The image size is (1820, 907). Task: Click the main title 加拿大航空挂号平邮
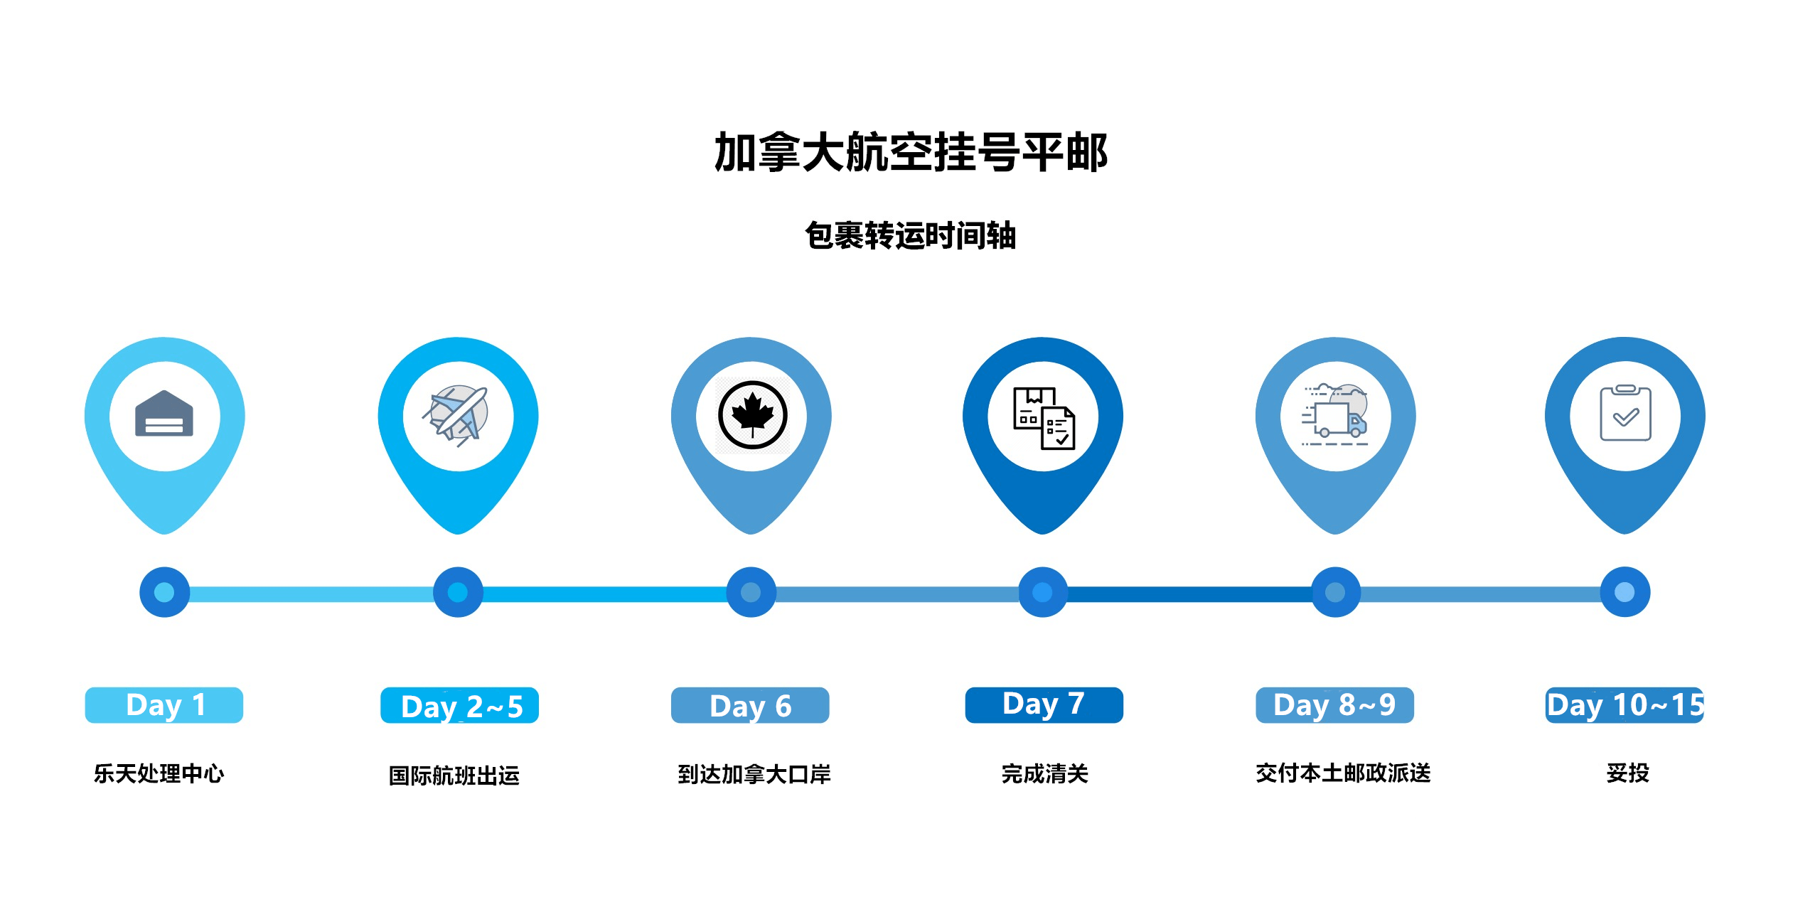[911, 152]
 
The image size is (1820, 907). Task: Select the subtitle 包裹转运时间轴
[911, 235]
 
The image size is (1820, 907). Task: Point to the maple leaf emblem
[752, 415]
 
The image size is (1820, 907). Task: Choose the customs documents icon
[1044, 418]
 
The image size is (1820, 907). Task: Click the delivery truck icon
[1335, 414]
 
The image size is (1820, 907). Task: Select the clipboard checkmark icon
[1625, 413]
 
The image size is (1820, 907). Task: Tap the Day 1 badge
[164, 705]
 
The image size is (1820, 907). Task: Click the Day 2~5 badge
[459, 705]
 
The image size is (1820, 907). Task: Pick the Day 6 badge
[750, 705]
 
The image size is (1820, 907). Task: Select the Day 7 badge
[1044, 705]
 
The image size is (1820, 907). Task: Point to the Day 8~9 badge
[1334, 705]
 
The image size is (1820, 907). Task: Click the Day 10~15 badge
[1625, 705]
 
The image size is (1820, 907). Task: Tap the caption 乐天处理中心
[159, 773]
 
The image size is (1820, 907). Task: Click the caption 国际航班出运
[454, 775]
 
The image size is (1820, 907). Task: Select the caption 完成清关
[1044, 773]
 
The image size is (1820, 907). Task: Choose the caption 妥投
[1627, 773]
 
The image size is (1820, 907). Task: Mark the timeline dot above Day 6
[751, 592]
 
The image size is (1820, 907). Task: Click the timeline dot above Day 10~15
[1624, 592]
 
